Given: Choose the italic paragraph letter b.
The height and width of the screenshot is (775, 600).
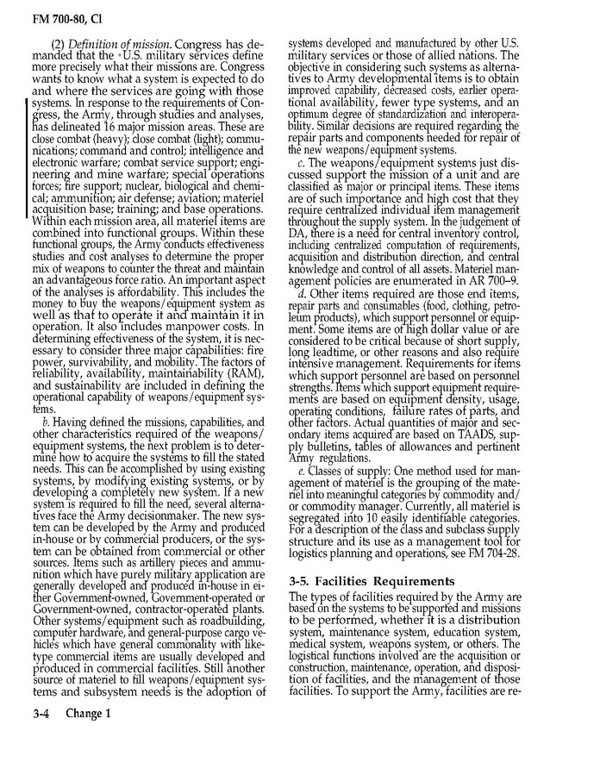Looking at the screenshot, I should [x=45, y=421].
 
